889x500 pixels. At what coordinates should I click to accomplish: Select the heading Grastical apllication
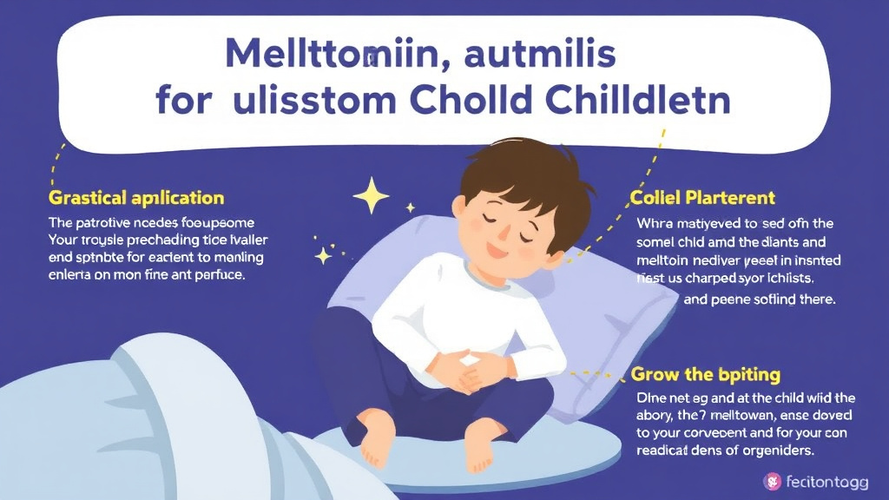pos(136,198)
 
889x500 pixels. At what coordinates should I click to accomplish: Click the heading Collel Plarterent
pos(702,198)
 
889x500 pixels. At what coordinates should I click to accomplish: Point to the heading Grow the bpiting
pos(705,375)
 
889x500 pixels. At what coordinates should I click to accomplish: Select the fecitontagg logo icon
pos(770,480)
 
